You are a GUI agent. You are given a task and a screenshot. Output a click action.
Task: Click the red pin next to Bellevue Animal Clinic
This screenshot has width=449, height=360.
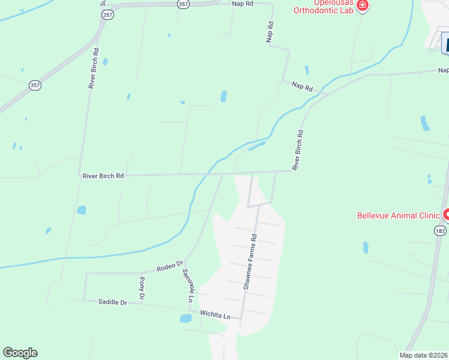point(446,214)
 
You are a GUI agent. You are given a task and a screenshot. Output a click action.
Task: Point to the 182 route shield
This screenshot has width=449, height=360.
point(440,230)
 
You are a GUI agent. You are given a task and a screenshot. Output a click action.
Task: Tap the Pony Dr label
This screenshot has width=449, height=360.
point(142,289)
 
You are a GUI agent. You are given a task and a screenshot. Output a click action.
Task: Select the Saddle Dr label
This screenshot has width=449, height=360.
point(112,302)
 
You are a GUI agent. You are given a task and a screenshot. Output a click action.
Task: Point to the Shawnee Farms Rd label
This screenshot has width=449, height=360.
point(250,262)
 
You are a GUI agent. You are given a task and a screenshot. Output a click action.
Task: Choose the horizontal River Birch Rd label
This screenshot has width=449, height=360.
point(103,176)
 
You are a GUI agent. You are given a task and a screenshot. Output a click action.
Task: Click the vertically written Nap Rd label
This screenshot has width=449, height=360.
point(270,32)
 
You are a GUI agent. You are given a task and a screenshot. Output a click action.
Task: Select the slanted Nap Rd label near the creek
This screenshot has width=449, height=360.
point(303,87)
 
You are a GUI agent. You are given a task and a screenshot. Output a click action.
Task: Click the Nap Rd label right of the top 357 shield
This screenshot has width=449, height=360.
point(243,3)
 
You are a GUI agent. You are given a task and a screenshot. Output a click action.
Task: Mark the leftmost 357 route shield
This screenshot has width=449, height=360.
point(35,86)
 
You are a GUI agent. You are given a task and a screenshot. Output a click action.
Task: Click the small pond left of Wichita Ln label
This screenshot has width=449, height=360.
point(185,319)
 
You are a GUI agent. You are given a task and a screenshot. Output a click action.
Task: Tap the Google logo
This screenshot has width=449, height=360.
point(20,353)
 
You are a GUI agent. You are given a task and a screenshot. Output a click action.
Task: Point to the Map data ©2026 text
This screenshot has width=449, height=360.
point(423,355)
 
